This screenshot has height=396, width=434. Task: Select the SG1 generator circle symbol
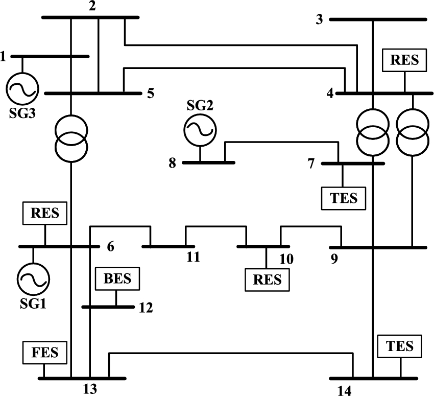pyautogui.click(x=34, y=279)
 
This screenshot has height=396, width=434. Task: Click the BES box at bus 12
pyautogui.click(x=117, y=279)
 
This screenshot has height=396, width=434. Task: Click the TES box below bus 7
pyautogui.click(x=344, y=198)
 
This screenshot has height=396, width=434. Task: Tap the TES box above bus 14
pyautogui.click(x=400, y=346)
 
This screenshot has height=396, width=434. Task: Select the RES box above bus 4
pyautogui.click(x=404, y=61)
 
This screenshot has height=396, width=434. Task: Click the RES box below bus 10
pyautogui.click(x=267, y=280)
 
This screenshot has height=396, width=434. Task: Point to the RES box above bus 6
pyautogui.click(x=45, y=213)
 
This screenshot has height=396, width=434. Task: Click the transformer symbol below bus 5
pyautogui.click(x=71, y=137)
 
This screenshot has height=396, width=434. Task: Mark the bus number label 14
pyautogui.click(x=344, y=391)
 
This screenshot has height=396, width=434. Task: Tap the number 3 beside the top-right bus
pyautogui.click(x=320, y=19)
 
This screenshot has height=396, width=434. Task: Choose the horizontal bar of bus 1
pyautogui.click(x=50, y=56)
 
